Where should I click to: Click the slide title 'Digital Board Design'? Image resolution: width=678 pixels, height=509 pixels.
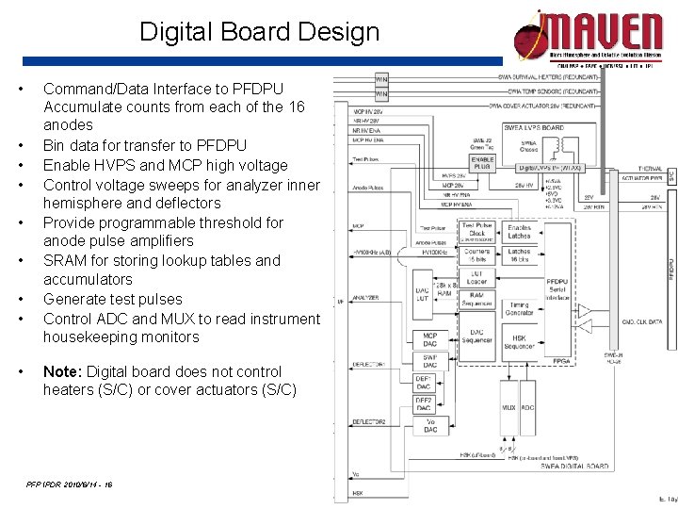[259, 32]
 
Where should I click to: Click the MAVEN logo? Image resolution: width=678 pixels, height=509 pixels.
[588, 38]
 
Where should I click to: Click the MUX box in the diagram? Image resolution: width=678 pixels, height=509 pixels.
[508, 407]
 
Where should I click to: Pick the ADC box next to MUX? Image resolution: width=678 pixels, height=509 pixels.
[527, 407]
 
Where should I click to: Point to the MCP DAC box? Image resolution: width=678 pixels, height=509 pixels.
[429, 338]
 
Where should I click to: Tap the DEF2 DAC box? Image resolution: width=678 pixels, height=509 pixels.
[425, 404]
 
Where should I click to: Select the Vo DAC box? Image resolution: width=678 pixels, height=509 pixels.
[429, 426]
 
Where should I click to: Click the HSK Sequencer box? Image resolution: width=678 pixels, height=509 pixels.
[520, 342]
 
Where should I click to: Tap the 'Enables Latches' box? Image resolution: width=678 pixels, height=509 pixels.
[519, 232]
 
